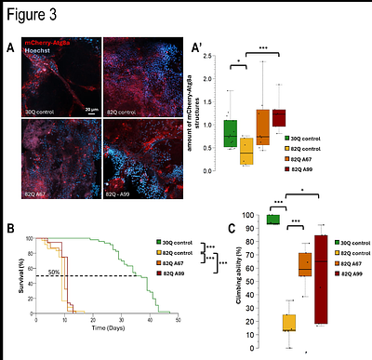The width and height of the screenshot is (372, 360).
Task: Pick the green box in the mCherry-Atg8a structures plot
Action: tap(231, 134)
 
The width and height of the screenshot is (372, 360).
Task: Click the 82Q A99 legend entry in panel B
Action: tap(172, 274)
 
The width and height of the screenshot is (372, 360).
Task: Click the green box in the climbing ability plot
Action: tap(272, 220)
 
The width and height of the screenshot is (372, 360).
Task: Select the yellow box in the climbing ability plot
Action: tap(289, 323)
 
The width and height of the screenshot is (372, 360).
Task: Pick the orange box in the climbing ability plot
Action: tap(304, 264)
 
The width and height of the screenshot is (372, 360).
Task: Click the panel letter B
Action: tap(10, 229)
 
